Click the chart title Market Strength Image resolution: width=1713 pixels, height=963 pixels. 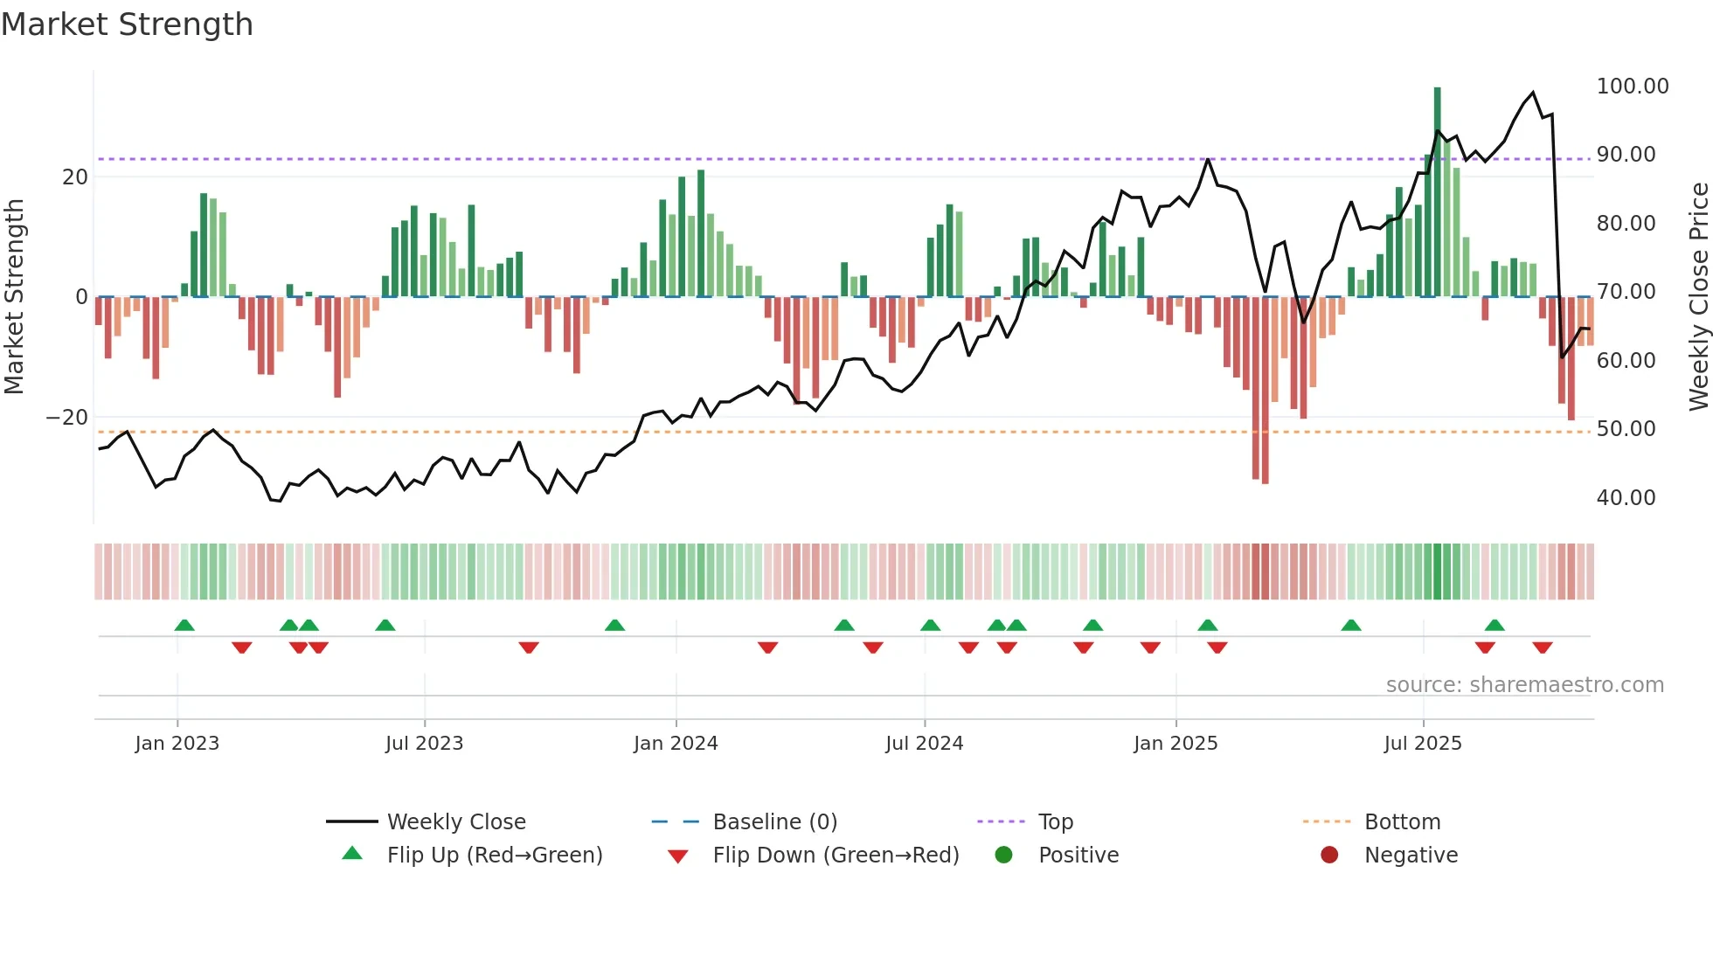[x=127, y=24]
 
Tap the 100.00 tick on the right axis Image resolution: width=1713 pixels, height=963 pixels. [x=1632, y=87]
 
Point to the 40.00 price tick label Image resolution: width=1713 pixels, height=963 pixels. [x=1626, y=498]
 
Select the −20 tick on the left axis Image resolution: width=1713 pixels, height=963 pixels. [x=67, y=418]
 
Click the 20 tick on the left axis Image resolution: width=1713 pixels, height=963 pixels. [x=75, y=177]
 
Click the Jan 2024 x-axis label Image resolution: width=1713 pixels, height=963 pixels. [x=676, y=744]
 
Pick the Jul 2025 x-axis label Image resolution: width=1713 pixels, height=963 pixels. [x=1422, y=744]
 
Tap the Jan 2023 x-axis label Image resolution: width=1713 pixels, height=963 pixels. [x=177, y=744]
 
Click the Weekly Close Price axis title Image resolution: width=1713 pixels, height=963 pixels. [x=1698, y=297]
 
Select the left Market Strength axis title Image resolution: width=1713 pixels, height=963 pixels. [x=14, y=297]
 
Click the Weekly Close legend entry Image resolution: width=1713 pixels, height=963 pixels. [x=455, y=822]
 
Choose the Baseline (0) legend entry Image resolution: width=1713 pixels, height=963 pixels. [x=774, y=822]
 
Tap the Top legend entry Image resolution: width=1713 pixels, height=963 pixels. [x=1055, y=822]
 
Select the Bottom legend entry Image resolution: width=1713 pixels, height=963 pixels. [x=1402, y=822]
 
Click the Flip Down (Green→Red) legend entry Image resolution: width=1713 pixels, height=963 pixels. [x=835, y=856]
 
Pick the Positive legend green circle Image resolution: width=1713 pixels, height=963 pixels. [x=1003, y=856]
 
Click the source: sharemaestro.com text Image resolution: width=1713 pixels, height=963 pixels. [x=1524, y=685]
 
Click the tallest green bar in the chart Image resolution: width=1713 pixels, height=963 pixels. [x=1437, y=192]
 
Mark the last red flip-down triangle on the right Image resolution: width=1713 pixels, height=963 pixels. [x=1542, y=648]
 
